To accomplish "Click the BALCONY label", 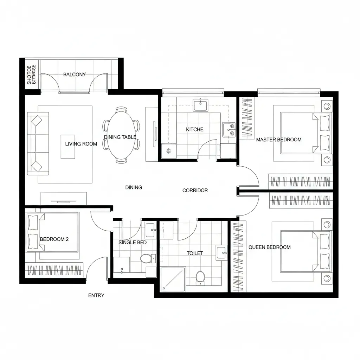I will (74, 75).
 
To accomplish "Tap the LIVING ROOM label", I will (81, 144).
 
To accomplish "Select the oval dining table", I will (121, 135).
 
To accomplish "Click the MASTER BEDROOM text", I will (279, 140).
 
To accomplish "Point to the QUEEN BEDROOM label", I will (270, 247).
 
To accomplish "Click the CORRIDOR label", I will (195, 191).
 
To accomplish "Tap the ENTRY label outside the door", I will (96, 295).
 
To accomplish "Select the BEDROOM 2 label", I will (54, 239).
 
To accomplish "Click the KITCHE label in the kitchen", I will (195, 129).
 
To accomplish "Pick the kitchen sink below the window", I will (200, 105).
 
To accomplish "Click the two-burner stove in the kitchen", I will (229, 129).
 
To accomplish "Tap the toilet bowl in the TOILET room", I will (200, 276).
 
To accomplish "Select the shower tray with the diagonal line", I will (173, 279).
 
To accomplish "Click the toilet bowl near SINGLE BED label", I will (146, 259).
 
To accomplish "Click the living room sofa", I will (37, 143).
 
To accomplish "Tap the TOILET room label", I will (195, 253).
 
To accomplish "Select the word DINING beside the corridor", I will (134, 187).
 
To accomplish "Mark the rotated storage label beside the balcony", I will (32, 75).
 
